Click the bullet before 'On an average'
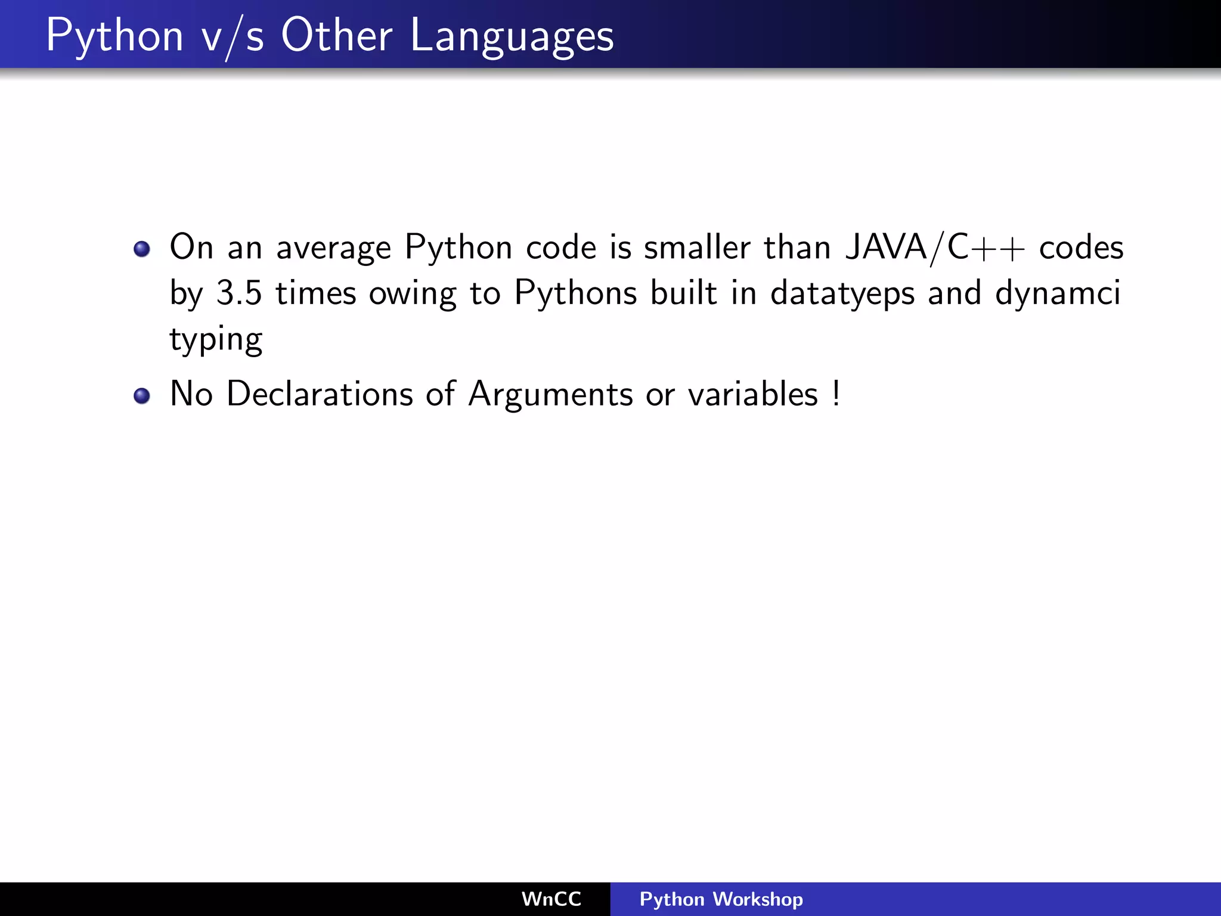pos(142,249)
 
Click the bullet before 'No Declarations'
pos(142,395)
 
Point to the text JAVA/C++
pos(935,247)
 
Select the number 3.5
pos(238,293)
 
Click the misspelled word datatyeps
pos(842,294)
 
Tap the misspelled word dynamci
pos(1058,294)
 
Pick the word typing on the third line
pos(216,340)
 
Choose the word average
pos(333,248)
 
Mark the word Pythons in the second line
pos(575,294)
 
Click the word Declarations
pos(320,394)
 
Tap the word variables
pos(753,394)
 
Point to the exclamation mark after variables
pos(837,394)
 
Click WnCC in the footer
pos(551,899)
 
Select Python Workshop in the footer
pos(721,899)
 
